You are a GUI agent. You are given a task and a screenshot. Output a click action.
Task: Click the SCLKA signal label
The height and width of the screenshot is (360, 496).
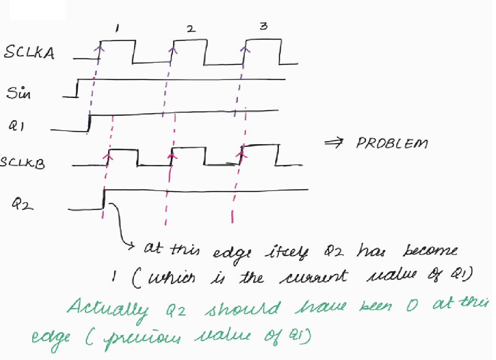29,53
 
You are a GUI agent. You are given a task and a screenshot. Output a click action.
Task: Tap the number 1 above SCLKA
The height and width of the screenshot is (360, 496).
117,29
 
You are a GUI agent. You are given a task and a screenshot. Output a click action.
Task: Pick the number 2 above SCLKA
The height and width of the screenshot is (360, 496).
190,29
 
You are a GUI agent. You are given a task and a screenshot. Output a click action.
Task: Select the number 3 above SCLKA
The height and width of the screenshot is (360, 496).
264,27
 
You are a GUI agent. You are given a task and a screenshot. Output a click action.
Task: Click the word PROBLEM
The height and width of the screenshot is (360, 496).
392,144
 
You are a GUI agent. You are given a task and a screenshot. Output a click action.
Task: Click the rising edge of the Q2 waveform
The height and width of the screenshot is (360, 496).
104,199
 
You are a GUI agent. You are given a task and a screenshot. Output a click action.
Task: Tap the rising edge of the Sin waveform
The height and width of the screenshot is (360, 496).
77,88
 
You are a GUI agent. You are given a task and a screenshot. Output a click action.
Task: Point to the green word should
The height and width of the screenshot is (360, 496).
243,309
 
